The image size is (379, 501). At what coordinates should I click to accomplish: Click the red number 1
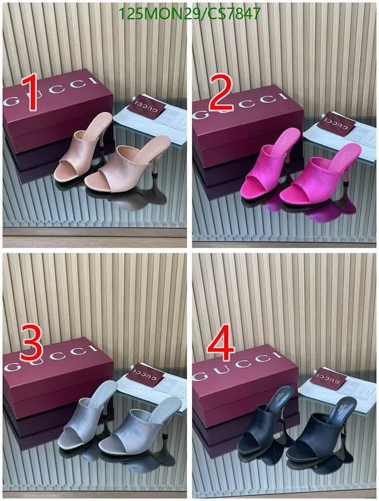32,94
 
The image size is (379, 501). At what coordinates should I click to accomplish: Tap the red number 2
221,94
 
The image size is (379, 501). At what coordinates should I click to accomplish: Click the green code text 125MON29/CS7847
189,14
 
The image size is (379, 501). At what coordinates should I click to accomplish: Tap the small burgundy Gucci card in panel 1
147,106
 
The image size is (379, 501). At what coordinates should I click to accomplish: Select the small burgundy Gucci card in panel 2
336,123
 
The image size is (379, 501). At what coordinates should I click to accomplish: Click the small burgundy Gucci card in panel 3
145,375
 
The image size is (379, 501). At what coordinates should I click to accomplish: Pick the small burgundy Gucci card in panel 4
328,378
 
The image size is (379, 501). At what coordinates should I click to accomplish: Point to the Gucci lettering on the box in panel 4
238,366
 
